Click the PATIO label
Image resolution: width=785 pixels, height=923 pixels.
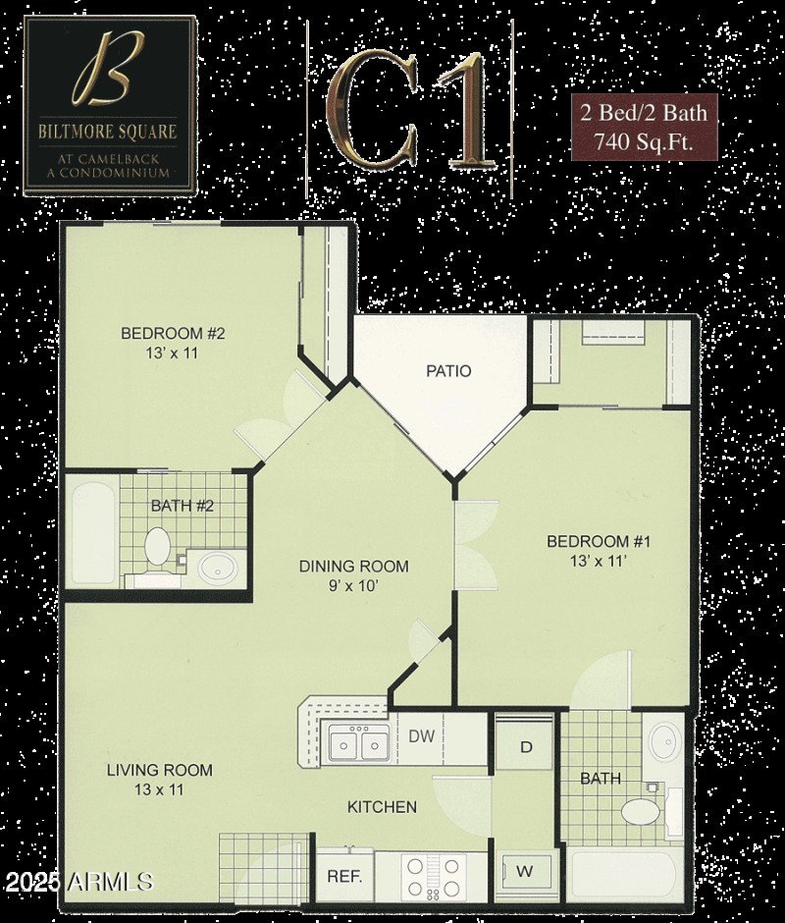coord(448,371)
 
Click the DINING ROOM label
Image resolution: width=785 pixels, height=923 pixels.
coord(353,567)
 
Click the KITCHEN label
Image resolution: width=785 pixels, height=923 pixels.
coord(382,807)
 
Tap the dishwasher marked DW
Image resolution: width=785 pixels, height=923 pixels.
coord(422,736)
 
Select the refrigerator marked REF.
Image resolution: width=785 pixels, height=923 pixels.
coord(343,876)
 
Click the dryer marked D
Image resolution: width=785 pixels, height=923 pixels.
coord(526,747)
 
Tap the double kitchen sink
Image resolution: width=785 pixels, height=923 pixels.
coord(357,744)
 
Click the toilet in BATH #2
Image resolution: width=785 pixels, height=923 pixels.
coord(157,548)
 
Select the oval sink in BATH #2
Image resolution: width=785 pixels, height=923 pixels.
coord(218,568)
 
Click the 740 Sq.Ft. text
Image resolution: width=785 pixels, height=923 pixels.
coord(644,140)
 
